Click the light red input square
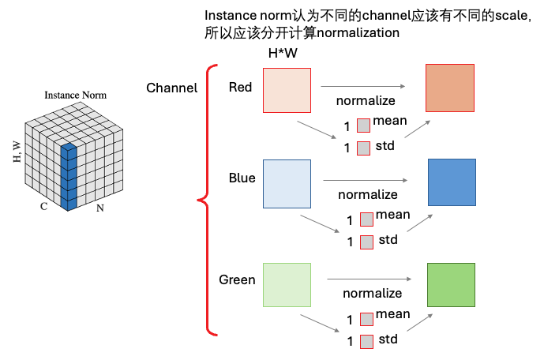[x=286, y=92]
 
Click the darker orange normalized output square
[x=449, y=88]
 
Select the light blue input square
[x=287, y=183]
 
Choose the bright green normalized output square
[x=451, y=285]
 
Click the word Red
[x=240, y=87]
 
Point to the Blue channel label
[x=242, y=178]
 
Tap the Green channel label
[x=237, y=280]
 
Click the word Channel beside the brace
[x=171, y=88]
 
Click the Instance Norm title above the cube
[x=75, y=95]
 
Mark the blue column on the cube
[x=69, y=177]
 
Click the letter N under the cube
[x=99, y=208]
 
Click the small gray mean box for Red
[x=363, y=125]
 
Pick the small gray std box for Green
[x=366, y=342]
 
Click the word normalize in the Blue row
[x=368, y=194]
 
